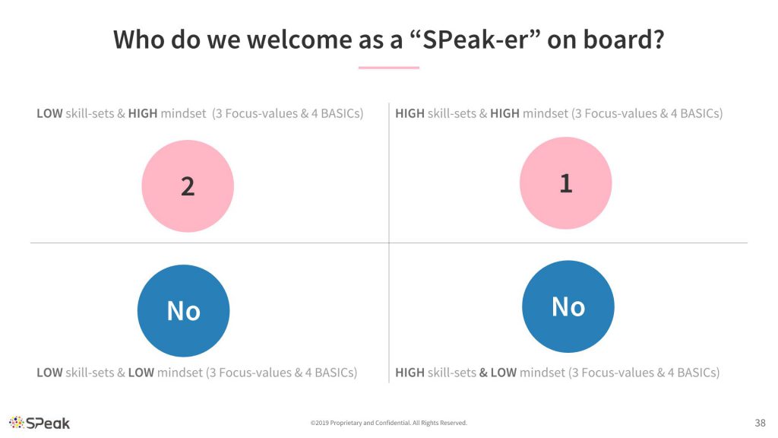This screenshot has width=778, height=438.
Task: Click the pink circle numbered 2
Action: [188, 186]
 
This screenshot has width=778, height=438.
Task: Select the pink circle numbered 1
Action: [565, 183]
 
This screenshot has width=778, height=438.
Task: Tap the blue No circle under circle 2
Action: [184, 311]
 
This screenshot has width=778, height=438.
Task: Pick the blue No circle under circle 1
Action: [568, 306]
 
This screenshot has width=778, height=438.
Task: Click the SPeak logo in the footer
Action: [40, 423]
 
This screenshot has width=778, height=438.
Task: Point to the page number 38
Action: [760, 423]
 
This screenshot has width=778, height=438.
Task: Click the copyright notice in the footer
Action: [388, 423]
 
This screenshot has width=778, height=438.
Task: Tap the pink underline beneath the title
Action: [389, 68]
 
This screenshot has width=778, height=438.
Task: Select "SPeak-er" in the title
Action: [476, 40]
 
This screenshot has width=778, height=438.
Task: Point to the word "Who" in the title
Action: [140, 40]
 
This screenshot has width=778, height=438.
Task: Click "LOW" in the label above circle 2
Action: [49, 114]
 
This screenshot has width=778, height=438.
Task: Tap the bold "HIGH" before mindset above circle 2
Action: [143, 114]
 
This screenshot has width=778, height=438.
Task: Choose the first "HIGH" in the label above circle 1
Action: [410, 114]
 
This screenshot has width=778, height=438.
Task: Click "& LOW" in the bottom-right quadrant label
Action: [498, 373]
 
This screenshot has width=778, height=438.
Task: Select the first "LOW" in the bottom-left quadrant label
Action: [49, 373]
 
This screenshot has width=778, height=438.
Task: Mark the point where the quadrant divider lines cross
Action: [389, 243]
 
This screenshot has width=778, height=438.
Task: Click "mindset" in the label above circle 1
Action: [546, 114]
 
